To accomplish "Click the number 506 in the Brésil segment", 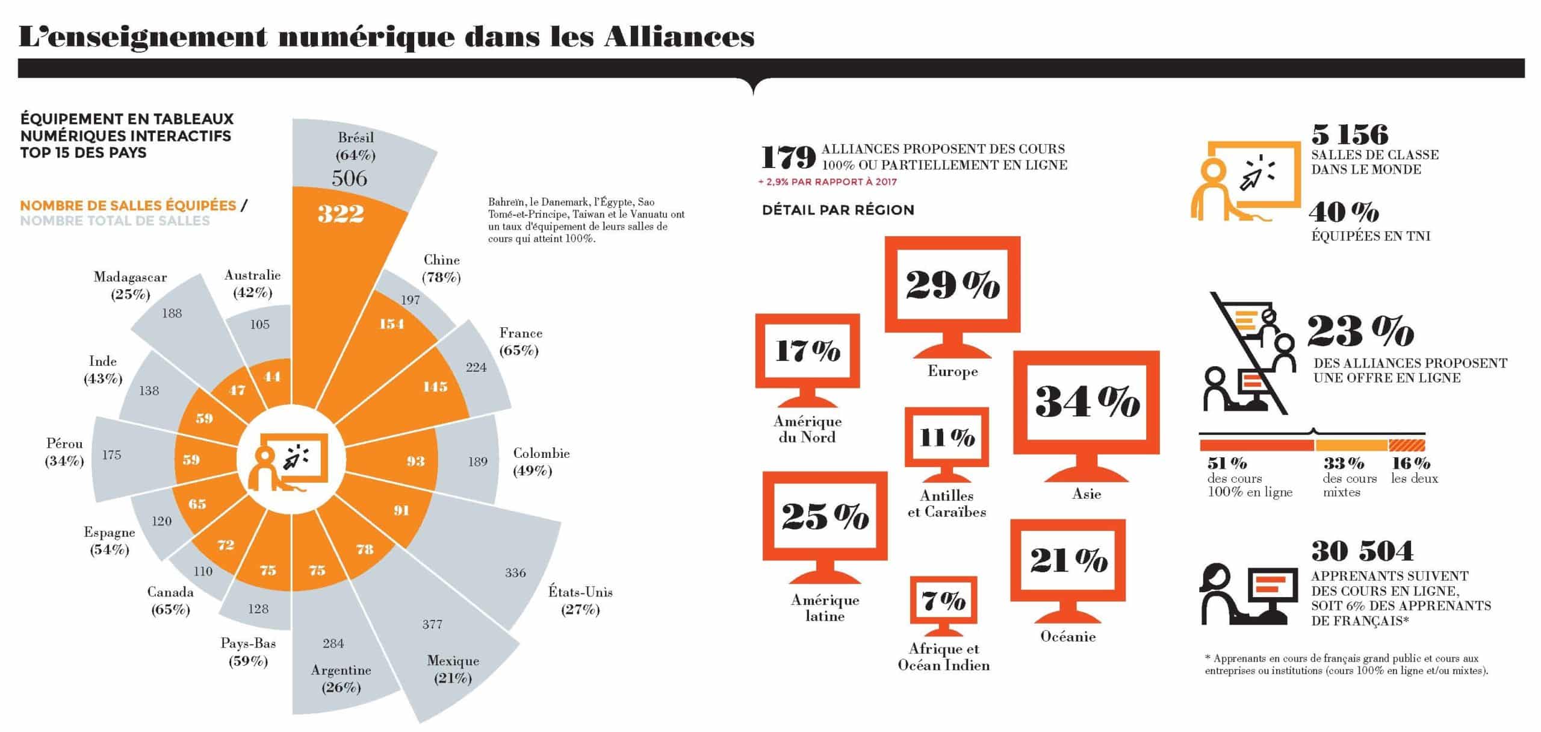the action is click(349, 178).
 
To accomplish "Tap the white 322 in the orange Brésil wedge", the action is click(341, 213).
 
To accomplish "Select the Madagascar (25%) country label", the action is click(130, 286).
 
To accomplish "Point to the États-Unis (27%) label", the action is click(580, 600).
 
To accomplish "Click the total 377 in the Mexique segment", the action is click(432, 624).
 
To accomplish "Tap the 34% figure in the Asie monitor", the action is click(1087, 402).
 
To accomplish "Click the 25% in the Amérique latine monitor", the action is click(825, 516).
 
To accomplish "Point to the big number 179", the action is click(789, 158).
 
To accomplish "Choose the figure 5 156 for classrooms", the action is click(1350, 134).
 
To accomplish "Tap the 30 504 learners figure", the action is click(1362, 551).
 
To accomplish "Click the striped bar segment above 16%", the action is click(1407, 445).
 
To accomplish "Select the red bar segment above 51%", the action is click(1257, 445).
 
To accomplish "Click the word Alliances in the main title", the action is click(679, 36).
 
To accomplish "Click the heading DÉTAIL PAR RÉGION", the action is click(838, 210).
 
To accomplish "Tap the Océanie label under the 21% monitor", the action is click(1068, 636).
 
